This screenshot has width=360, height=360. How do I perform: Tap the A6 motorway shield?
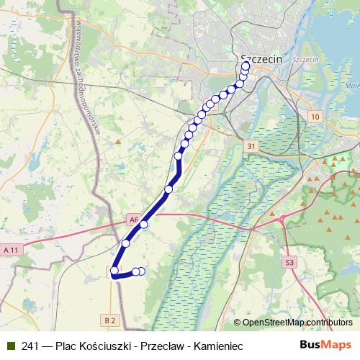point(133,219)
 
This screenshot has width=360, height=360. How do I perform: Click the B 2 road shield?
point(109,319)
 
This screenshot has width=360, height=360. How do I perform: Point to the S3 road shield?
point(290,263)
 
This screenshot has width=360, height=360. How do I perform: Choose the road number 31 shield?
point(250,146)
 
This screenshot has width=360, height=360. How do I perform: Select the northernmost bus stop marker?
point(246,66)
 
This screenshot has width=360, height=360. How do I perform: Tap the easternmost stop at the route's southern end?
point(141,271)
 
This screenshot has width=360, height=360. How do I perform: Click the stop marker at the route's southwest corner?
point(114,271)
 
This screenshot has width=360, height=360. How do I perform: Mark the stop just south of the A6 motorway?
point(126,243)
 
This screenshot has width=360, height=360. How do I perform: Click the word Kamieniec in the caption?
point(216,346)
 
